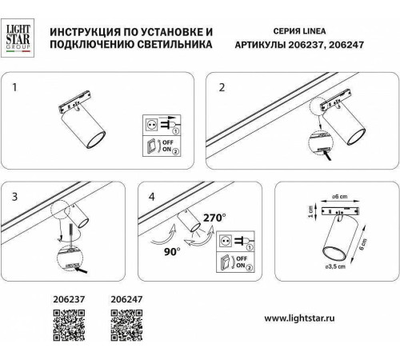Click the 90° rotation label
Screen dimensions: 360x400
171,250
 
